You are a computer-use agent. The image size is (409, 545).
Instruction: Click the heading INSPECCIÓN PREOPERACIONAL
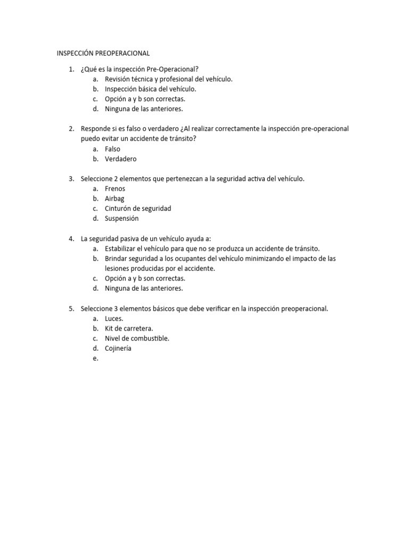103,53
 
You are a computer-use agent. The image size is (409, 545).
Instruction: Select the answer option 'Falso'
112,149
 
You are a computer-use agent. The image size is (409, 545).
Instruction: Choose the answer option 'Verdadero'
120,159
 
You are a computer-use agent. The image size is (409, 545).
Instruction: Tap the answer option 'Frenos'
114,189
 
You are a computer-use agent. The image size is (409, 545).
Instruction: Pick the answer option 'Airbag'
114,199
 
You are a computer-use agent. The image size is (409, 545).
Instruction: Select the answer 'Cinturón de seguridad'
137,209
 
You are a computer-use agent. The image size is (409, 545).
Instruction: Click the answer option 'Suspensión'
121,218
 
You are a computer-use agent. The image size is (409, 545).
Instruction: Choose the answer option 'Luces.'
114,318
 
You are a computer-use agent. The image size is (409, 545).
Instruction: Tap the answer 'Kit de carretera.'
129,328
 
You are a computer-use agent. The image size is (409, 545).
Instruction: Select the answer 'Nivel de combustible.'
137,338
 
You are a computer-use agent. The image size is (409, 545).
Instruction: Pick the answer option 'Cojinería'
118,348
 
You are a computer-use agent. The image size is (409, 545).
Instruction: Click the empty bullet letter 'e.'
95,358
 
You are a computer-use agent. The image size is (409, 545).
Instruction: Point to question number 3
71,179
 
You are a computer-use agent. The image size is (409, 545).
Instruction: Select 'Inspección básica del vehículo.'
150,89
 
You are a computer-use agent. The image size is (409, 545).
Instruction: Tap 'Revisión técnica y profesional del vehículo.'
168,79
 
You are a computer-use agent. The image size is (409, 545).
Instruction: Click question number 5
71,308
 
